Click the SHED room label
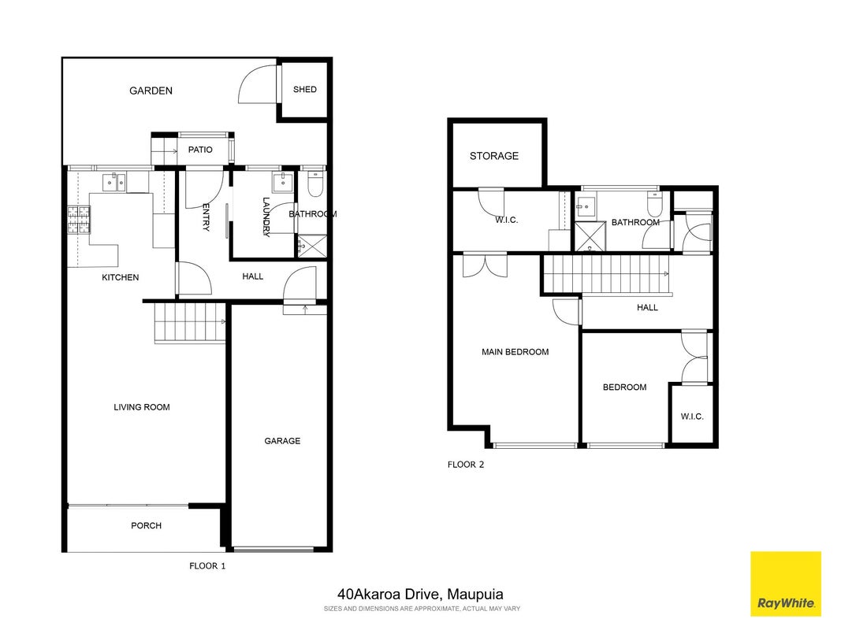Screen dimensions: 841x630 (305, 90)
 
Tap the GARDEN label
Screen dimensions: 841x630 (151, 91)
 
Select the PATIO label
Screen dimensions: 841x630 (200, 150)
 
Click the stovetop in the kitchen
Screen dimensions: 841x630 (79, 220)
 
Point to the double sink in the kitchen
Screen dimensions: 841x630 (114, 183)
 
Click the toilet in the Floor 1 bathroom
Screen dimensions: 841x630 (315, 183)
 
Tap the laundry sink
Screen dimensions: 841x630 (283, 183)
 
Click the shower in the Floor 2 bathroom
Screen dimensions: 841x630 (590, 236)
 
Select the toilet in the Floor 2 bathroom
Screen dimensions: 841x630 (655, 203)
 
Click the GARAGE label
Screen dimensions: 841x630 (282, 441)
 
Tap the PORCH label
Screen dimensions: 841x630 (146, 525)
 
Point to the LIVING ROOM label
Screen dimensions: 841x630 (142, 407)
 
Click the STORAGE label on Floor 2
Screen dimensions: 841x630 (494, 156)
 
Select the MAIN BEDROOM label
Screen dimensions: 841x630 (515, 352)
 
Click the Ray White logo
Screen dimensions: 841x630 (786, 584)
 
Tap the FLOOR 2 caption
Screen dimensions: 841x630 (466, 465)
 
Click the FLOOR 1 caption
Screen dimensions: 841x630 (207, 565)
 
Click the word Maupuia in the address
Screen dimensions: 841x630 (474, 594)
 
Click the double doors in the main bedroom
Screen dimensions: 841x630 (485, 265)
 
